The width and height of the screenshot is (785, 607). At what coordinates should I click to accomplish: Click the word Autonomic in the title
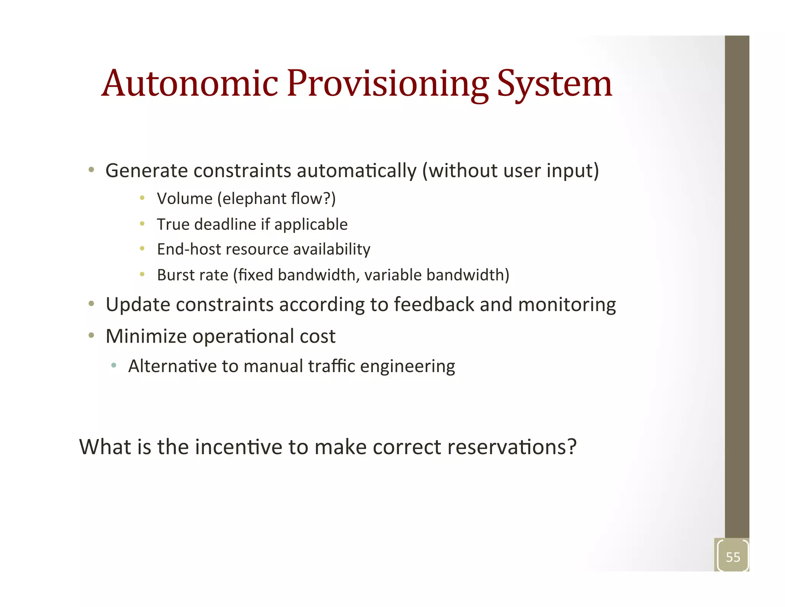[190, 84]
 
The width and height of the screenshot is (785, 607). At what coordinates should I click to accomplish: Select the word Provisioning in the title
[388, 84]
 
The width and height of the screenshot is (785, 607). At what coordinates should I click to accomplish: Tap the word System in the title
[554, 84]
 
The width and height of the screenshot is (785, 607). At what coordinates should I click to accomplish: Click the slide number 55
[733, 557]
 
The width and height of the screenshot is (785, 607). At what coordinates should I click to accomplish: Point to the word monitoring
[567, 305]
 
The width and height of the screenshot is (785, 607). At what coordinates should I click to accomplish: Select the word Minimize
[146, 336]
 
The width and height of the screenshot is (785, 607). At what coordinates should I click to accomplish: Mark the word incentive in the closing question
[238, 447]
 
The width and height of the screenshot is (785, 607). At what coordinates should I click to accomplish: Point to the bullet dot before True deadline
[142, 223]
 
